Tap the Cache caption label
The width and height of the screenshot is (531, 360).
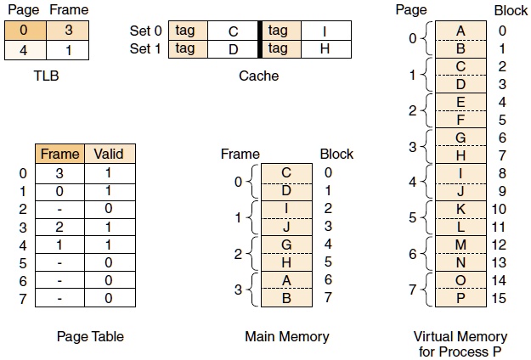coord(258,76)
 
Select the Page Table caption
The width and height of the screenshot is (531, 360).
coord(90,336)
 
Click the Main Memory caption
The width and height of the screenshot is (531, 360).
coord(286,336)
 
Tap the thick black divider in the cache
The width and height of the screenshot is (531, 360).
coord(258,40)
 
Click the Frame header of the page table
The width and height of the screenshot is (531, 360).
coord(59,154)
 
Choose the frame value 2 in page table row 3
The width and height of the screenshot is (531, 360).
coord(59,227)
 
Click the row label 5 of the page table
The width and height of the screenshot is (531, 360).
coord(22,262)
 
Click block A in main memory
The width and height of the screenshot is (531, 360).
coord(287,279)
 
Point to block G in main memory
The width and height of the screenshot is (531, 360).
coord(287,244)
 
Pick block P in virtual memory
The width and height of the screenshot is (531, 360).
coord(460,298)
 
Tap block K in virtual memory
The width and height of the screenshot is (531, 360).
coord(460,209)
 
